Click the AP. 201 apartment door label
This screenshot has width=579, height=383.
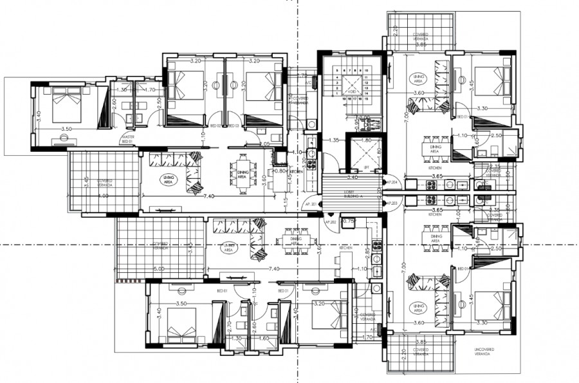(310, 204)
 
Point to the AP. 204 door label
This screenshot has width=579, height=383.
(391, 183)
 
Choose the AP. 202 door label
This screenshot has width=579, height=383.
(331, 222)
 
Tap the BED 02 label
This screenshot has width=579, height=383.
(216, 126)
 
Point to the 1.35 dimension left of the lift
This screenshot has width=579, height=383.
(333, 140)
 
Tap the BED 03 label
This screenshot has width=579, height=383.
(234, 126)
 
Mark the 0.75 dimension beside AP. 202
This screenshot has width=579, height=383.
(349, 221)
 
